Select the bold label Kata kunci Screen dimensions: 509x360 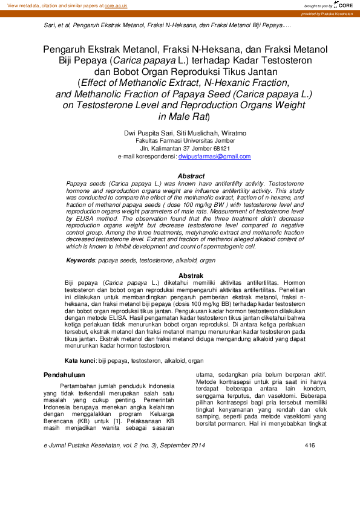pos(80,360)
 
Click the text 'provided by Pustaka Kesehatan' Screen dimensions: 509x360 pos(327,13)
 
